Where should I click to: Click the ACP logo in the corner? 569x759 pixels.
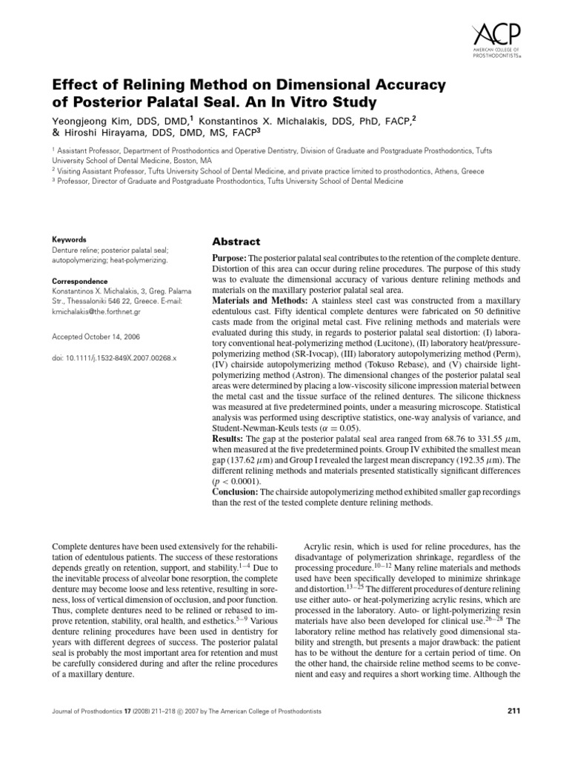pyautogui.click(x=496, y=39)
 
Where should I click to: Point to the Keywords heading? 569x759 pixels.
pyautogui.click(x=68, y=240)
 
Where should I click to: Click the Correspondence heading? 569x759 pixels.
pyautogui.click(x=80, y=282)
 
